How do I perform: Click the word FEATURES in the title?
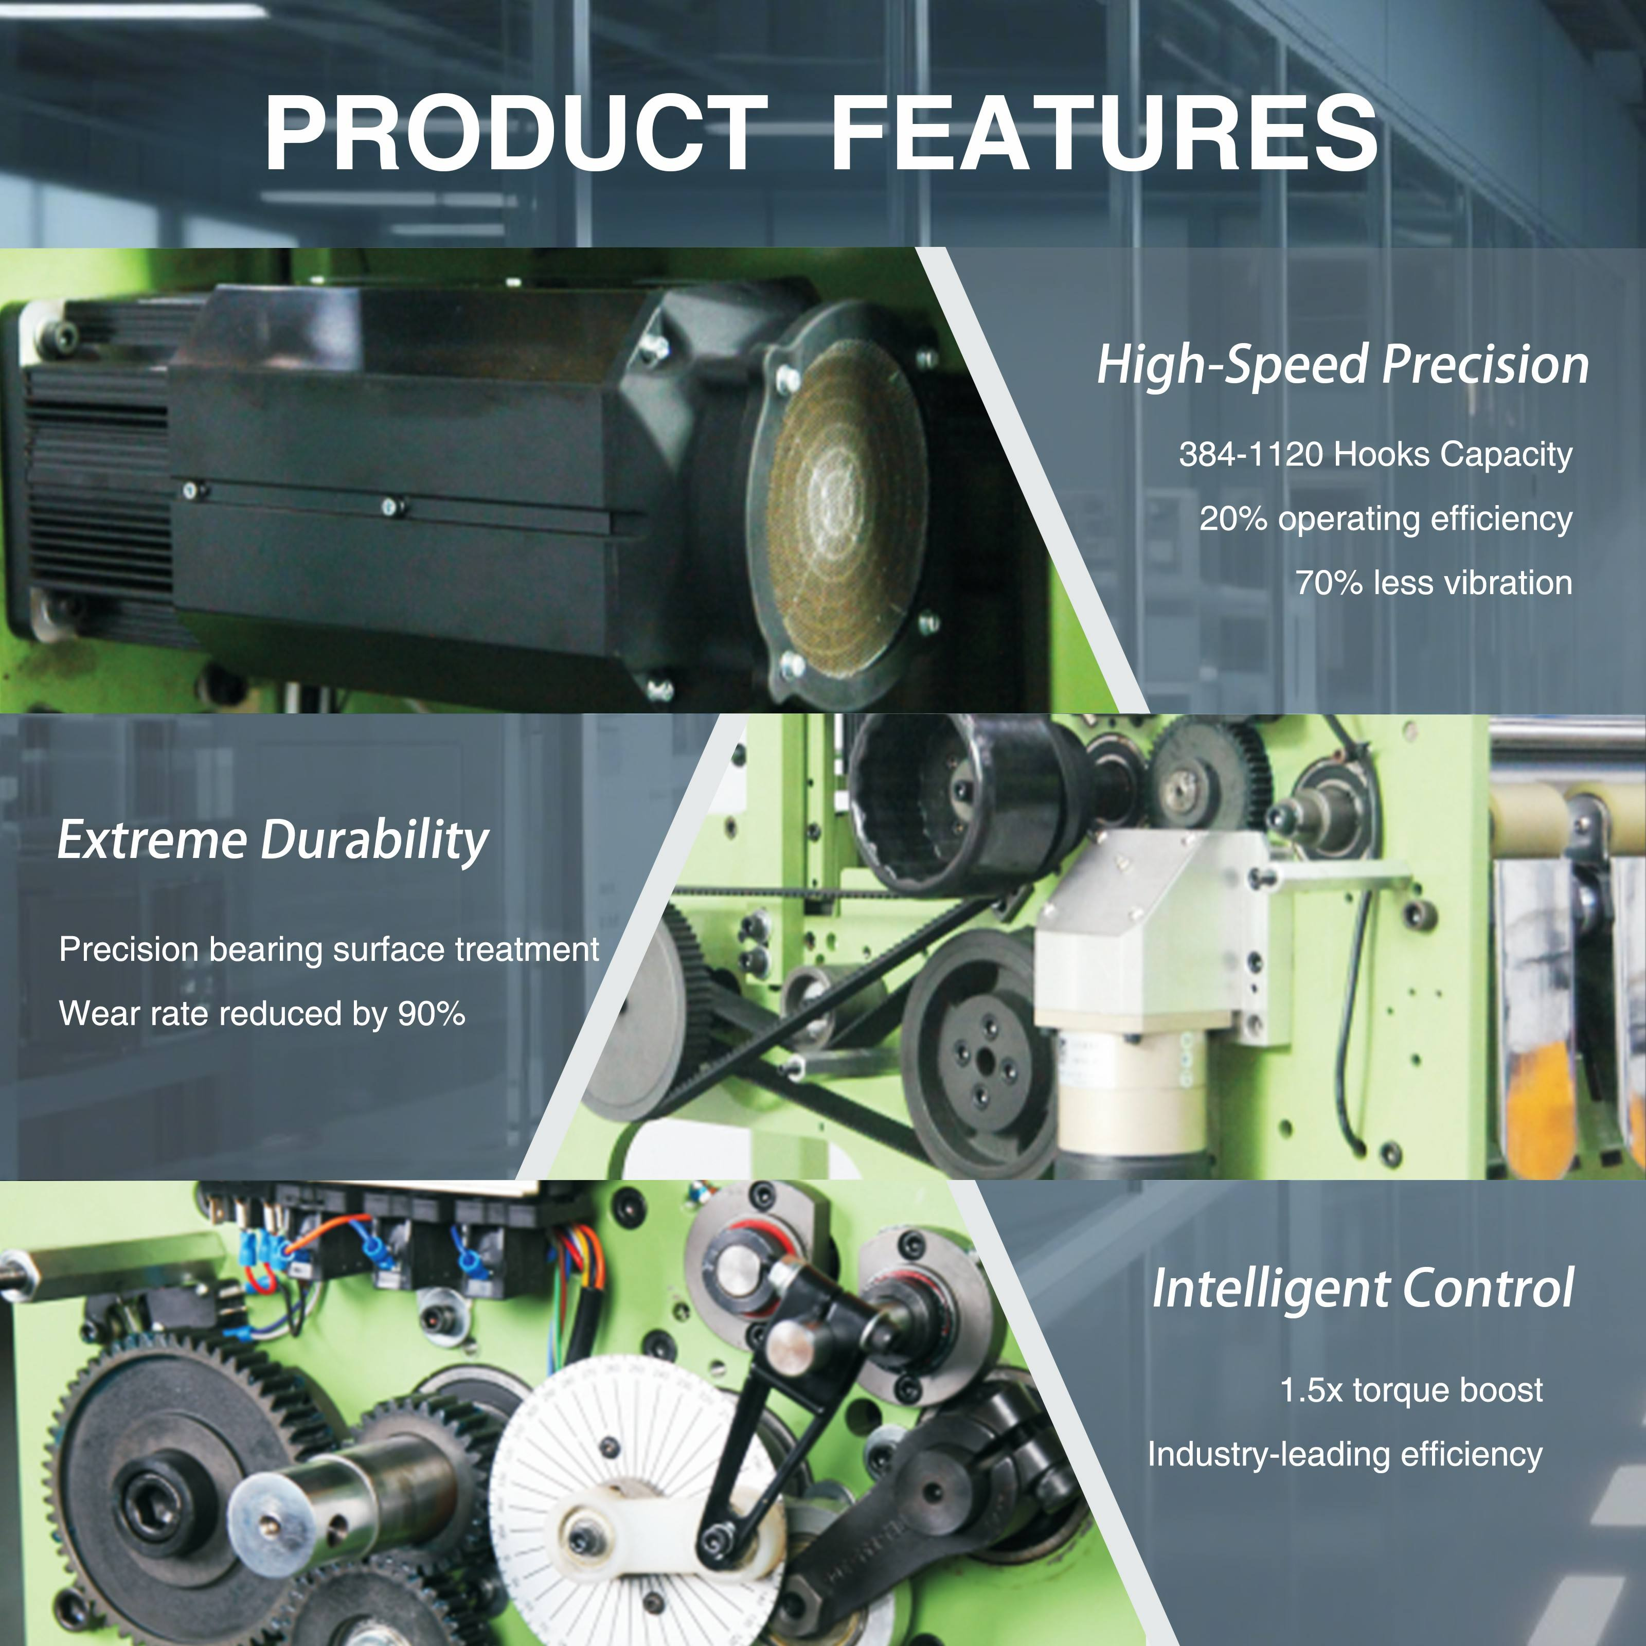click(x=1103, y=134)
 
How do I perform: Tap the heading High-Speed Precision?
click(x=1343, y=365)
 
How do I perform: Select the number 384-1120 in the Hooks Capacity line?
click(x=1250, y=454)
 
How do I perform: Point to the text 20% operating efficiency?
click(x=1385, y=519)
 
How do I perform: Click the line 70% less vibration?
click(x=1434, y=583)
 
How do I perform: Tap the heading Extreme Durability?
click(x=273, y=841)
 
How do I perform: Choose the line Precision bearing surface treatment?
click(x=329, y=949)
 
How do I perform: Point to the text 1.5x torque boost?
click(x=1411, y=1389)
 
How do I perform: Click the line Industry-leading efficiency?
click(x=1345, y=1454)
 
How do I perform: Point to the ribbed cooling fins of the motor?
click(x=98, y=494)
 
